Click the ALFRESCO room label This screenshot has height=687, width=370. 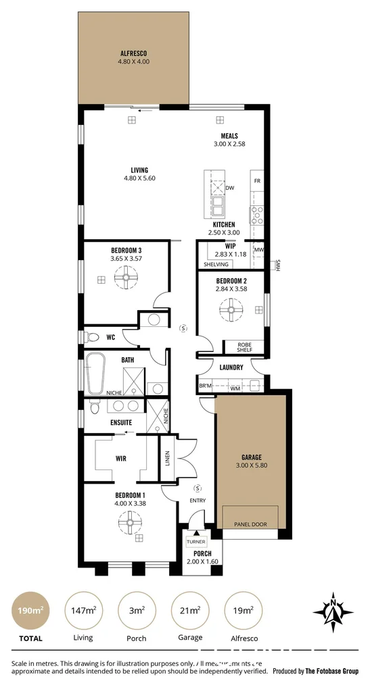point(133,53)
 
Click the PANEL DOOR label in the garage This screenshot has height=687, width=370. point(250,524)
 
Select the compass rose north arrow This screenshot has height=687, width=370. point(333,612)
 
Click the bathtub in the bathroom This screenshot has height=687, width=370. point(95,373)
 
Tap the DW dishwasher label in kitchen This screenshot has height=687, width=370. point(229,188)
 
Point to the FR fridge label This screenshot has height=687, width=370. point(256,181)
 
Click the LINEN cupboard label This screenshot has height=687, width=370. point(166,459)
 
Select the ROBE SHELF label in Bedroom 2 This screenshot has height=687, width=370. point(244,347)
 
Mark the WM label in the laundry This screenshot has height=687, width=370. point(235,388)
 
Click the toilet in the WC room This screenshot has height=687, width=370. point(92,336)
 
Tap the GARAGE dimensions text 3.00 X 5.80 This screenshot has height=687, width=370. point(251,466)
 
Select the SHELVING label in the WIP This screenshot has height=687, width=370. point(216,264)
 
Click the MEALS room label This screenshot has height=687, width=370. point(228,136)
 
